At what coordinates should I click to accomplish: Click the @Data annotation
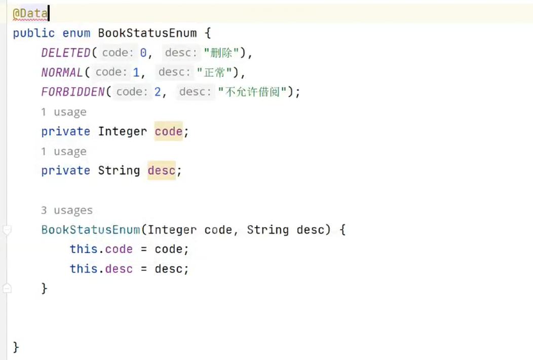click(x=30, y=14)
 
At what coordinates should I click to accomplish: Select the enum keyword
click(x=76, y=33)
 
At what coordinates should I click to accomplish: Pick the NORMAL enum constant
click(x=62, y=73)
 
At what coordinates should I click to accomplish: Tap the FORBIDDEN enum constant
click(x=72, y=92)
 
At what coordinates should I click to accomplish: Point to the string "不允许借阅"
click(x=252, y=92)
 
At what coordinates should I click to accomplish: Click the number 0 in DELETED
click(x=143, y=53)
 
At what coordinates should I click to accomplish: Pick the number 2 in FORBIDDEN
click(x=158, y=92)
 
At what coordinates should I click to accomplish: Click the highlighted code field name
click(x=168, y=131)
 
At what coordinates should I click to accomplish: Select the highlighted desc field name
click(x=161, y=170)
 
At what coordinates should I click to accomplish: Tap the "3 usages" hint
click(x=67, y=210)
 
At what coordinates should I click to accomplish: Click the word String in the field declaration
click(x=119, y=170)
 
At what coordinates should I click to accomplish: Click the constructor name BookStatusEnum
click(x=90, y=230)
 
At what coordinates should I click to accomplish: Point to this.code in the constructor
click(x=101, y=249)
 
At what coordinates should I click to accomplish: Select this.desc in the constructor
click(x=101, y=269)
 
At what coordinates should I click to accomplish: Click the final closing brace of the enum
click(x=16, y=347)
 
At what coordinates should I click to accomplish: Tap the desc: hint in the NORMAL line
click(x=174, y=73)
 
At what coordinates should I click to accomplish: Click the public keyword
click(x=33, y=33)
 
